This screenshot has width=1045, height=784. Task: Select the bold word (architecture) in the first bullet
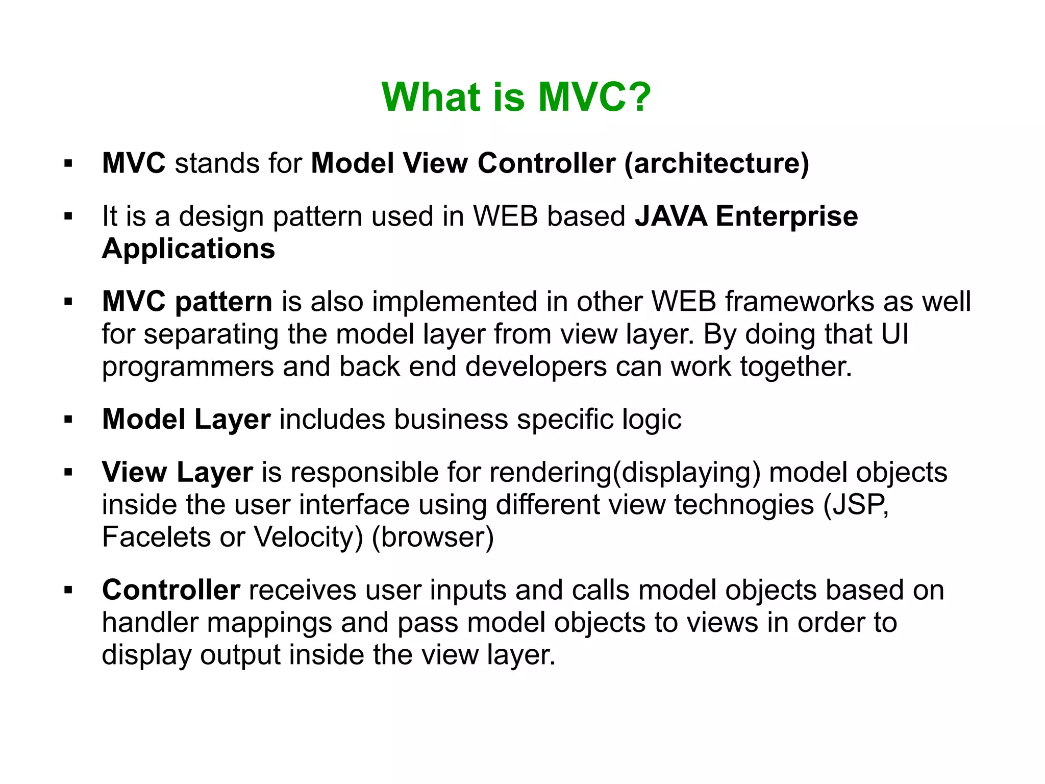[717, 164]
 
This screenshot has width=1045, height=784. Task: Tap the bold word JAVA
[670, 216]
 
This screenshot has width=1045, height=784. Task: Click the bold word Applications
[188, 249]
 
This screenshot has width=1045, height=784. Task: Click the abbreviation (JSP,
[856, 505]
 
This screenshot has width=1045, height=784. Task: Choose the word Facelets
[156, 537]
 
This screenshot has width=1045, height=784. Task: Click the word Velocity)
[308, 537]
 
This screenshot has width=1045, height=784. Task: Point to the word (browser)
[433, 537]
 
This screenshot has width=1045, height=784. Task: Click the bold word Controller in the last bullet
[171, 590]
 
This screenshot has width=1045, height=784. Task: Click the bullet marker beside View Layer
[68, 472]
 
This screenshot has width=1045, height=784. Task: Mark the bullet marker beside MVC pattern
[68, 302]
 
